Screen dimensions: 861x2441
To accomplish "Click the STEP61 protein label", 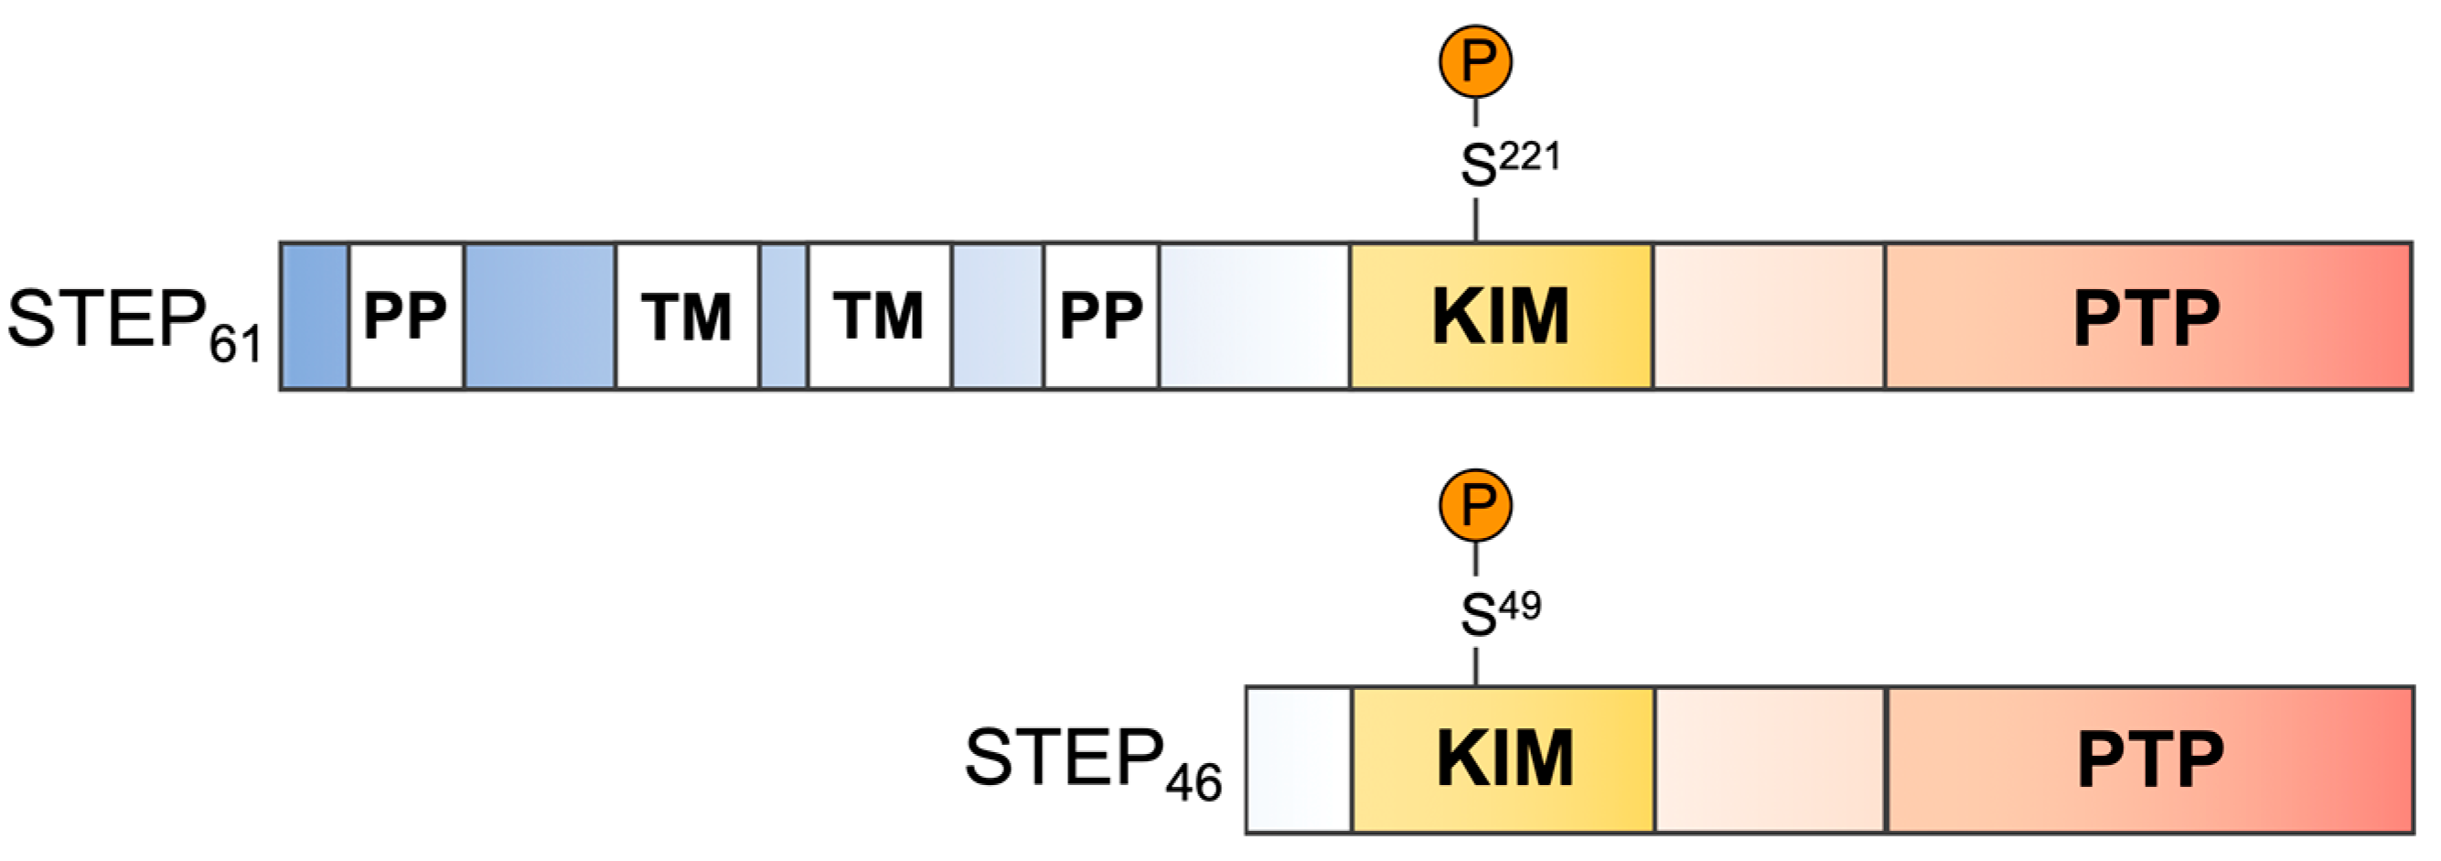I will (133, 322).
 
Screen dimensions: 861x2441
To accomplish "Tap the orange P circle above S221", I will (1475, 61).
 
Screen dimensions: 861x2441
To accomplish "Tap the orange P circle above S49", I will (1475, 505).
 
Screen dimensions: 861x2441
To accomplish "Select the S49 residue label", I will (1499, 612).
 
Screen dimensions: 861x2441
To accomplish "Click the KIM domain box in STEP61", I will (1500, 316).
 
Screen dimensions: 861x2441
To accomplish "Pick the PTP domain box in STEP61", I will (2147, 316).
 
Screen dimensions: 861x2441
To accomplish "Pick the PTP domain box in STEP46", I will (2149, 759).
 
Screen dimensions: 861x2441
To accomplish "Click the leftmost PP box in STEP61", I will (405, 316).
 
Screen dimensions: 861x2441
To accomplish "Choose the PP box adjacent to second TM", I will (1100, 316).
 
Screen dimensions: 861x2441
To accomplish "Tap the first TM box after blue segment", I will (687, 316).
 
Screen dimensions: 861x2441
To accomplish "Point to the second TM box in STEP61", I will (878, 316).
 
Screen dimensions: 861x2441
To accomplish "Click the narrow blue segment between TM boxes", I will (784, 316).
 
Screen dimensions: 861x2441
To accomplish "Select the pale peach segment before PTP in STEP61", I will (1768, 316).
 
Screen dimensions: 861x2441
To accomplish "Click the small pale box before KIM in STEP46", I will (1298, 759).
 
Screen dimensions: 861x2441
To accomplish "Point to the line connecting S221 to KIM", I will (1475, 219).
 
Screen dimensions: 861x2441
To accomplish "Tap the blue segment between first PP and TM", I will (540, 316).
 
